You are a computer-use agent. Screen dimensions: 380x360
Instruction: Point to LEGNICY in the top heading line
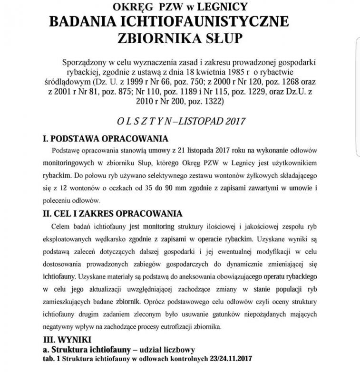[225, 7]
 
